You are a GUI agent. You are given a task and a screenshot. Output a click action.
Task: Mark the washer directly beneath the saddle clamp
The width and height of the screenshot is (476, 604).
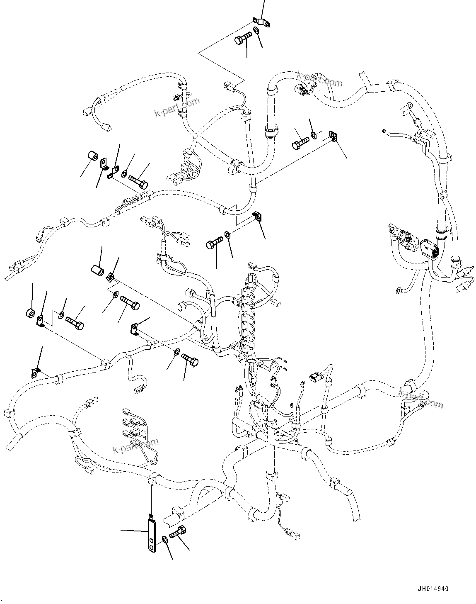click(256, 31)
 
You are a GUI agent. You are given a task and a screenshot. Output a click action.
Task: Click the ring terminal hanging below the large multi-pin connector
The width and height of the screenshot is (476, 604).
click(399, 290)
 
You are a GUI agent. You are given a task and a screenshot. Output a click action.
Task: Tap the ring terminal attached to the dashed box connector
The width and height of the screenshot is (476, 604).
click(408, 106)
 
